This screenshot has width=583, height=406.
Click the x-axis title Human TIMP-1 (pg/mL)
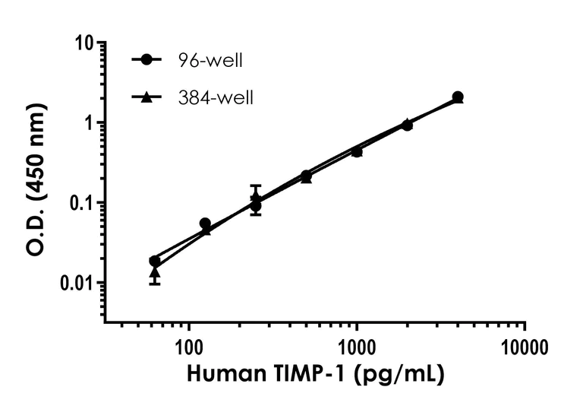tap(314, 375)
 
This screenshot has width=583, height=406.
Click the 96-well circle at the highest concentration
tap(458, 97)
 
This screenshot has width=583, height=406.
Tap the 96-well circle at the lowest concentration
tap(155, 261)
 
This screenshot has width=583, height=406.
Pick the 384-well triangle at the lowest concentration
tap(155, 271)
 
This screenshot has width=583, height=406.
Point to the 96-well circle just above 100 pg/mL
tap(205, 224)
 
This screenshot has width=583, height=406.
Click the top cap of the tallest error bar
tap(256, 186)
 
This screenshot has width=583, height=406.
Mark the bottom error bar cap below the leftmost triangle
tap(155, 284)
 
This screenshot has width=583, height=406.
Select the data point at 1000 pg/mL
tap(357, 151)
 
